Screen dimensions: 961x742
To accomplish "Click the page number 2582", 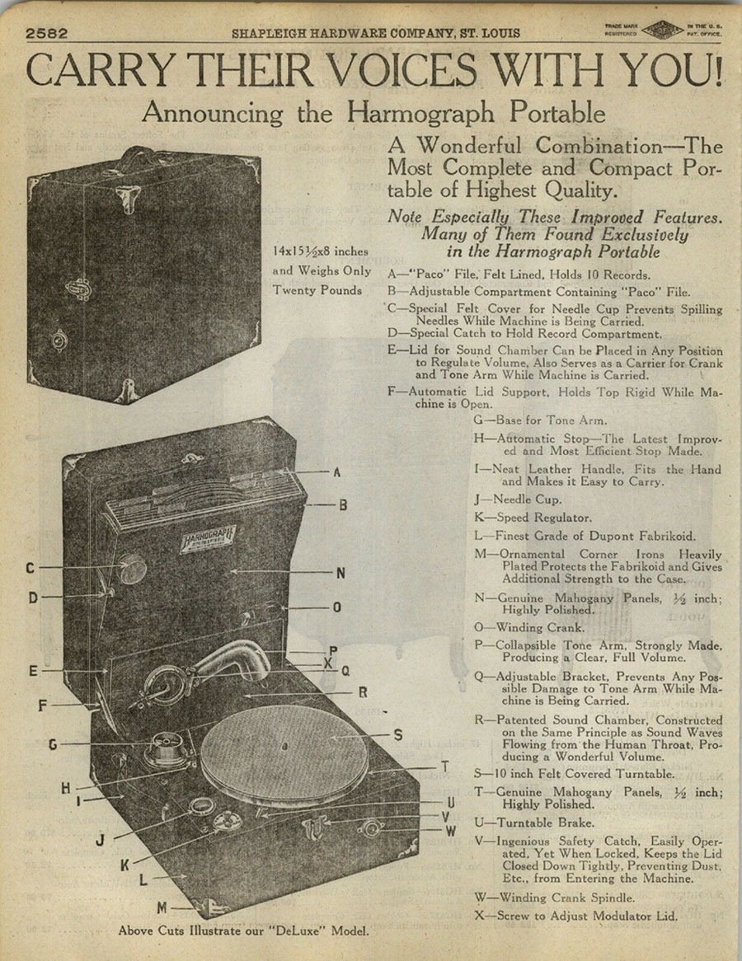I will pos(46,34).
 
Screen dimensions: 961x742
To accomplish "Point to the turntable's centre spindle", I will pos(284,747).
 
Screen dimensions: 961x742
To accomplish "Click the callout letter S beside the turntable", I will pos(397,734).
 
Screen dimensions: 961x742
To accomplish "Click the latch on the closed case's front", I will pos(79,287).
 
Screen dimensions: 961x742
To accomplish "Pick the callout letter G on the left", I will pos(52,744).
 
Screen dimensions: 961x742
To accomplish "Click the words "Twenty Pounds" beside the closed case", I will pos(317,290).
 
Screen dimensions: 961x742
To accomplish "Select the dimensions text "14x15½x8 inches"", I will pos(320,251).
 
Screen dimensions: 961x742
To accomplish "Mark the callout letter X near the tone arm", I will pos(328,662).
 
